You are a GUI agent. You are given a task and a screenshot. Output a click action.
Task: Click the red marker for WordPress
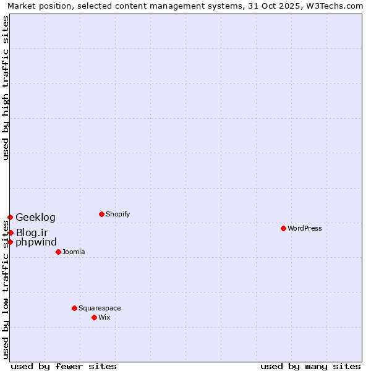click(x=283, y=228)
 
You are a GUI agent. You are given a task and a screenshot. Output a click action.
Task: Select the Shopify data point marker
click(x=101, y=214)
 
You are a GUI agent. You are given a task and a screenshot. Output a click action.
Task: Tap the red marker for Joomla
click(x=58, y=252)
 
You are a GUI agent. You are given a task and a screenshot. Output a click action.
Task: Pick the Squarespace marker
click(x=74, y=308)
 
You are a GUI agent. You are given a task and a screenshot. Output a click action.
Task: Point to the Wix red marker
click(x=94, y=317)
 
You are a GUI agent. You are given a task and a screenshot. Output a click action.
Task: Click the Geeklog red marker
click(x=10, y=217)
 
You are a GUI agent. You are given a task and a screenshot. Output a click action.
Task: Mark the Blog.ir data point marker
click(x=11, y=232)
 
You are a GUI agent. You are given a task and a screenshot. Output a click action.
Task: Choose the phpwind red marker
click(x=10, y=242)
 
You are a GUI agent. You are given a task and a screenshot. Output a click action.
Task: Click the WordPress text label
click(x=305, y=228)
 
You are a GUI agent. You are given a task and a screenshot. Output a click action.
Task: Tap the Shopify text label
click(x=117, y=214)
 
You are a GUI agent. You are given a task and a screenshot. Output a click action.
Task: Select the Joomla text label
click(x=74, y=252)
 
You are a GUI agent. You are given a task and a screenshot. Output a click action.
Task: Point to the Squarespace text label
click(x=100, y=308)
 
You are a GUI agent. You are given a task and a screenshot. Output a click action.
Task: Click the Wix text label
click(x=104, y=317)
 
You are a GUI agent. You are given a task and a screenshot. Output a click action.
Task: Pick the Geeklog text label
click(x=35, y=217)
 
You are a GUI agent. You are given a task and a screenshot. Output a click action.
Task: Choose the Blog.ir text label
click(x=32, y=232)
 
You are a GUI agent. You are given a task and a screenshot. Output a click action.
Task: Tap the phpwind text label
click(x=36, y=242)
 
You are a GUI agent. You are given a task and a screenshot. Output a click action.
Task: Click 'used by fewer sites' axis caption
click(x=64, y=366)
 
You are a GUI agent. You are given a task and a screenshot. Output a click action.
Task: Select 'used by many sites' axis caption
click(x=310, y=366)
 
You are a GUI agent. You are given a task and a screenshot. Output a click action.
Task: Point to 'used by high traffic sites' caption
click(x=6, y=88)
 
